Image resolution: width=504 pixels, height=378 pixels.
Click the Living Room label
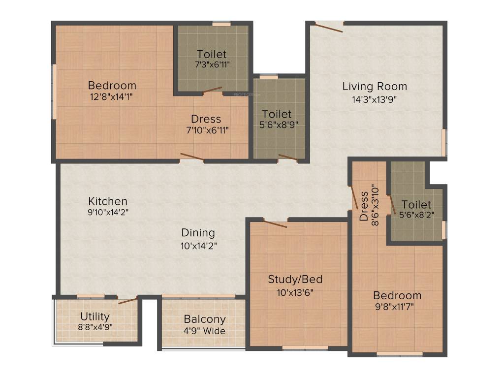click(x=375, y=87)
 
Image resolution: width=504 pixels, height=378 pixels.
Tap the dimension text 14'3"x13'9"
click(x=375, y=98)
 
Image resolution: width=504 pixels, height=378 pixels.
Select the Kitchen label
click(x=108, y=201)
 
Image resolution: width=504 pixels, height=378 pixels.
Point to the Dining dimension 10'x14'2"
click(x=198, y=244)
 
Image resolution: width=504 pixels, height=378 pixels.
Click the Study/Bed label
click(x=295, y=280)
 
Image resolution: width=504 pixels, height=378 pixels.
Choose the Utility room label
click(x=95, y=316)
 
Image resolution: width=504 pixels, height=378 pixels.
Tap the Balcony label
click(x=205, y=319)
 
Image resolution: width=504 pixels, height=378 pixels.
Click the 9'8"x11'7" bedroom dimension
click(x=397, y=307)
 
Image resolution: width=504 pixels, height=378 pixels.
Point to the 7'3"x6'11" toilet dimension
click(x=212, y=64)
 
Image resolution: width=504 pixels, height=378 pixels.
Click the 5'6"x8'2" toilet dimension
click(x=416, y=215)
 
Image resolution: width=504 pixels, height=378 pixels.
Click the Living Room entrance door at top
click(x=329, y=27)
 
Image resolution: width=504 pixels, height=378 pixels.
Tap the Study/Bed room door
click(x=275, y=224)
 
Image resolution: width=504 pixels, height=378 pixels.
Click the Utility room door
click(x=128, y=300)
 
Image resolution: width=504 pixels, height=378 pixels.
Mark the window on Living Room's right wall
click(x=444, y=142)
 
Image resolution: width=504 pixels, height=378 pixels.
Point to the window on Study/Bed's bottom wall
click(x=305, y=347)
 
